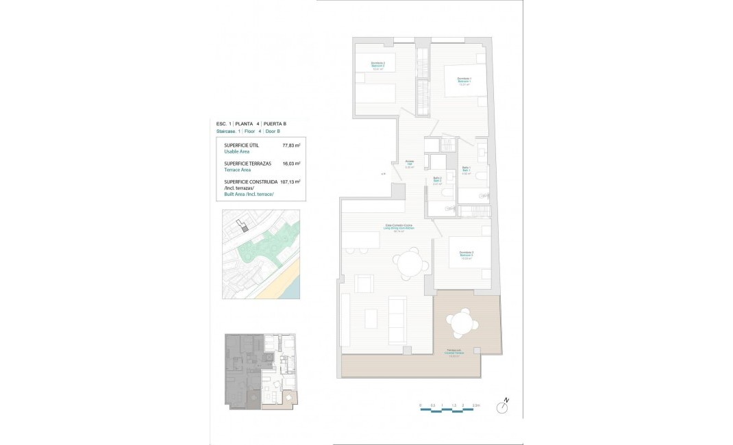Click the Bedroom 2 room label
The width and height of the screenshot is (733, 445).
(378, 66)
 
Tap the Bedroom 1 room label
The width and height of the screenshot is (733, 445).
(464, 81)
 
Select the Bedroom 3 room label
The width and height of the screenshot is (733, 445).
(467, 255)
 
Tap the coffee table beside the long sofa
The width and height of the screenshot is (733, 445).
(371, 318)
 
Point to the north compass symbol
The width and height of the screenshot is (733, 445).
(504, 407)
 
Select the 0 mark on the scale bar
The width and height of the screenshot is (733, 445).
(421, 405)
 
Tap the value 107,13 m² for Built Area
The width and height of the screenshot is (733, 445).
(290, 182)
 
